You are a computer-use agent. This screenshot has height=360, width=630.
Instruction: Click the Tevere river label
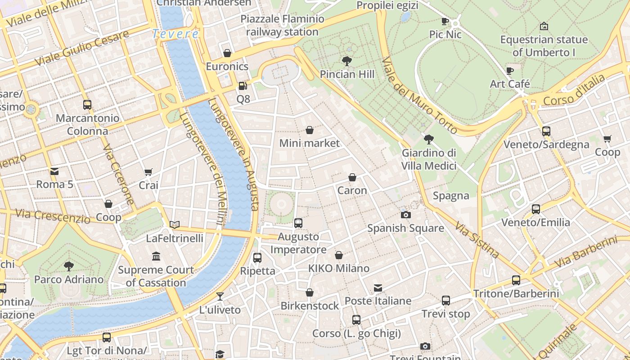coord(175,34)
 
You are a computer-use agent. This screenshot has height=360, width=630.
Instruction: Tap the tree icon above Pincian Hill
coord(346,61)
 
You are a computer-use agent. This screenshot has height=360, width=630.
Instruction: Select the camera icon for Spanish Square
coord(405,215)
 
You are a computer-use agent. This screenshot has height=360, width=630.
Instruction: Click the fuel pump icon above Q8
coord(243,85)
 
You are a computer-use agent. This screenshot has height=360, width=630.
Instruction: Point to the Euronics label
coord(227,67)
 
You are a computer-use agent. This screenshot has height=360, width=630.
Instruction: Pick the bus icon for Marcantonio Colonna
coord(87,105)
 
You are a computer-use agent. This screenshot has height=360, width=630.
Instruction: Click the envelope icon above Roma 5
coord(54,171)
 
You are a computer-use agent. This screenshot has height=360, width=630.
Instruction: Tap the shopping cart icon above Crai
coord(148,172)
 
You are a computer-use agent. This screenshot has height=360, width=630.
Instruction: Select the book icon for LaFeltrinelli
coord(175,225)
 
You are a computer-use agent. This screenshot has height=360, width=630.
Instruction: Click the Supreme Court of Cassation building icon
coord(156,256)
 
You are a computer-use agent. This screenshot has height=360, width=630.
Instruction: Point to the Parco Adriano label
coord(69,279)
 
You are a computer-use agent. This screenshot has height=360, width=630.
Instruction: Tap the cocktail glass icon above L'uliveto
coord(220,296)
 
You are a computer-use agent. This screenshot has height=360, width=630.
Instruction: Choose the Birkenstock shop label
coord(310,306)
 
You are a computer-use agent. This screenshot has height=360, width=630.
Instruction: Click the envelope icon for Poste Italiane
coord(378,288)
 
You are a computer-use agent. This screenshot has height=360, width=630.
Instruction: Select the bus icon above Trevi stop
coord(445,301)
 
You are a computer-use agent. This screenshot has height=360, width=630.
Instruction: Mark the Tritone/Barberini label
coord(516,294)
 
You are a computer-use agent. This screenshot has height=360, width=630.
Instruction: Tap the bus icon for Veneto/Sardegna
coord(546,131)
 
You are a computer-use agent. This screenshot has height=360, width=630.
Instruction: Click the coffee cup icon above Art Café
coord(509,71)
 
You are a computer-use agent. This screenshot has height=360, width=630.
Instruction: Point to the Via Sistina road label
coord(477,240)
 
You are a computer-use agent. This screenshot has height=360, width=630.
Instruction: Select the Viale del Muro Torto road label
coord(419,96)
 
